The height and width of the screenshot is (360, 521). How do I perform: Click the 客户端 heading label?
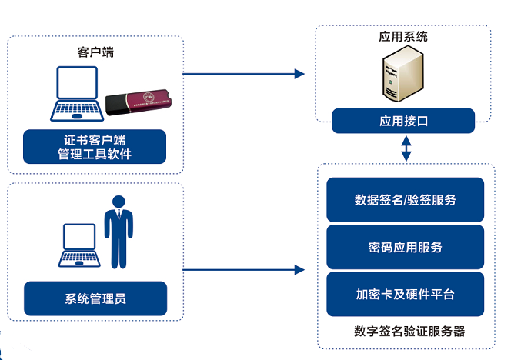tap(95, 52)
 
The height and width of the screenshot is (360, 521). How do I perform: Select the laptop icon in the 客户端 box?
tap(77, 95)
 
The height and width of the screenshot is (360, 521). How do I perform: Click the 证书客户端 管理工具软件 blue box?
tap(95, 146)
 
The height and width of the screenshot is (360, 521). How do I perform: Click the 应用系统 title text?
tap(403, 36)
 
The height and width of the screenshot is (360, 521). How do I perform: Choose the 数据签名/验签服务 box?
tap(405, 200)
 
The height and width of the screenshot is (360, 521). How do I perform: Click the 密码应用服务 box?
tap(405, 247)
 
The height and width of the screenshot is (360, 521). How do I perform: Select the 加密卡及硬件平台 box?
tap(405, 294)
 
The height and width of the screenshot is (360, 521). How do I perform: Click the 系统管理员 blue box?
tap(95, 298)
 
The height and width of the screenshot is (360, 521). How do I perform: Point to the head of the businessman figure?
tap(118, 202)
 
